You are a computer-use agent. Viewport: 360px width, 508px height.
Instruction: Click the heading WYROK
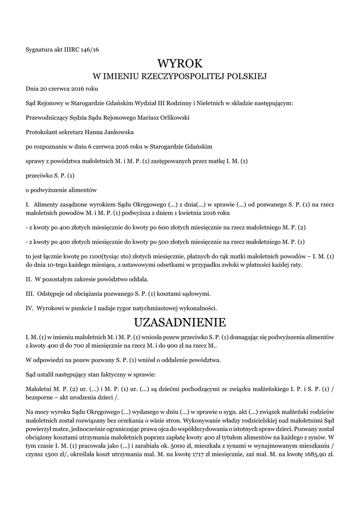[180, 63]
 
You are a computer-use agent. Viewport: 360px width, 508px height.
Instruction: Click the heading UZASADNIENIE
[180, 322]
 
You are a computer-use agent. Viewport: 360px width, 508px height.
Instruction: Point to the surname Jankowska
[116, 132]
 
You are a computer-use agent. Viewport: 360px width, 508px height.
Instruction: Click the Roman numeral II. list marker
[29, 279]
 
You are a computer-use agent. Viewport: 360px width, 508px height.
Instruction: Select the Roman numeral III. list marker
[30, 294]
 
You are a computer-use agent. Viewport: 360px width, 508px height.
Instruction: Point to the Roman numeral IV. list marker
[30, 308]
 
